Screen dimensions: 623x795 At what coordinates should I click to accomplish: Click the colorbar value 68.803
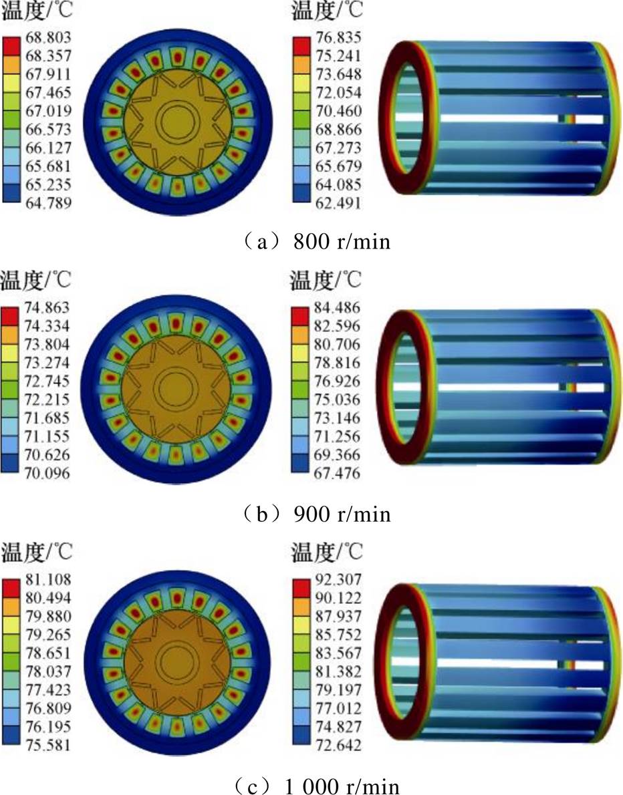[x=48, y=37]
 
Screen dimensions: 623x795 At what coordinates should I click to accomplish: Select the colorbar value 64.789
[x=48, y=203]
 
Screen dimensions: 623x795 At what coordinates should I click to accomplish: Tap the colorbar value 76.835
[x=338, y=37]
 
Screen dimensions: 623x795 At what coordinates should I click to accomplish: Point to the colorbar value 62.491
[x=338, y=203]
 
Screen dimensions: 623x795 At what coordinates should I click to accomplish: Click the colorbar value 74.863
[x=47, y=308]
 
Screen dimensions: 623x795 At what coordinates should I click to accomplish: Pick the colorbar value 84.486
[x=336, y=308]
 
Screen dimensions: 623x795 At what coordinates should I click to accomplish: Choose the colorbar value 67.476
[x=336, y=473]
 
